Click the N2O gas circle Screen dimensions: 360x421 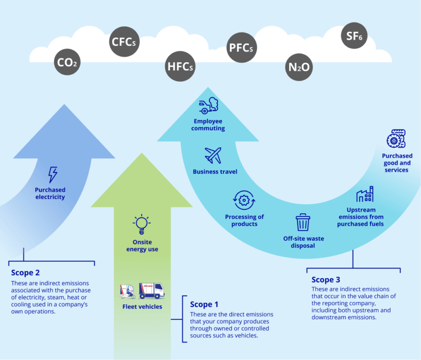coord(299,67)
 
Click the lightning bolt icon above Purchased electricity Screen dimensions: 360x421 coord(52,174)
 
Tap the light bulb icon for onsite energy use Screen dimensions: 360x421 coord(142,224)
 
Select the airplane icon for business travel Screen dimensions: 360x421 coord(213,155)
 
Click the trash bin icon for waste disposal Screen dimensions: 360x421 coord(303,222)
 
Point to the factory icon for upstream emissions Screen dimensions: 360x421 coord(365,194)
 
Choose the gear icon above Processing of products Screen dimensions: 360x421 coord(244,200)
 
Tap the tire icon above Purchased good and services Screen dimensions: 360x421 coord(395,139)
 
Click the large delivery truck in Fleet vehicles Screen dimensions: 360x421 coord(152,290)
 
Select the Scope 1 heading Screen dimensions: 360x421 coord(204,304)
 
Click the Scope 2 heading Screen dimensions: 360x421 coord(25,273)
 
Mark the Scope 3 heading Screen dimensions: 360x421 coord(326,280)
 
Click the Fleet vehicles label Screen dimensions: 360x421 coord(142,307)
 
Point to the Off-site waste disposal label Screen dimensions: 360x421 coord(303,242)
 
